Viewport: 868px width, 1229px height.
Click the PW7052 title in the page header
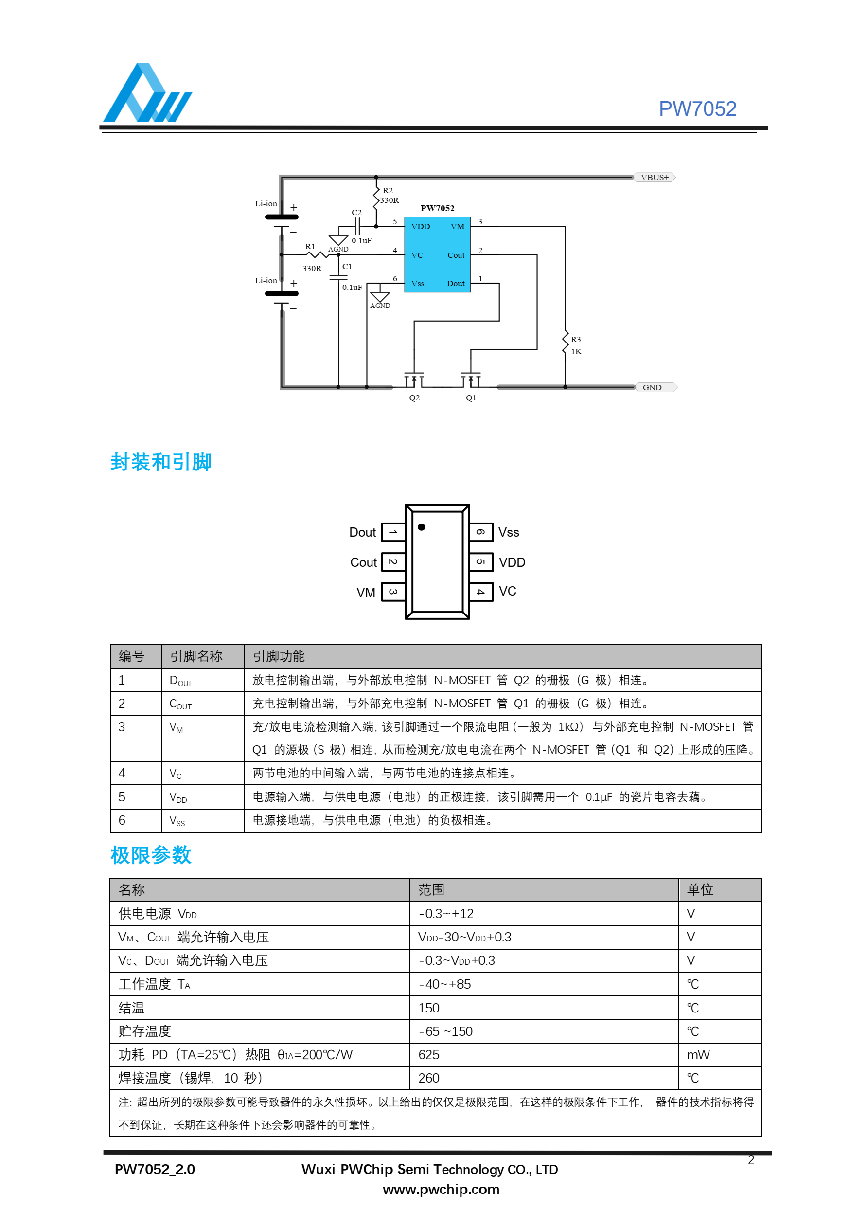(x=697, y=109)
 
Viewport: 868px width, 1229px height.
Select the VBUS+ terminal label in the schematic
(x=654, y=177)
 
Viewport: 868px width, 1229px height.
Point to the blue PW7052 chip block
(x=437, y=254)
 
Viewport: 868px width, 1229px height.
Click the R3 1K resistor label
(x=576, y=346)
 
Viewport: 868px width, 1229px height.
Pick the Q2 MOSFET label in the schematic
(x=414, y=398)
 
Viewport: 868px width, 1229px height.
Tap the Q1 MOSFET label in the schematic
(x=470, y=398)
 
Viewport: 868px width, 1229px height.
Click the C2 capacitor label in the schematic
(x=356, y=213)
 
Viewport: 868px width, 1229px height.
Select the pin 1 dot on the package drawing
(x=422, y=527)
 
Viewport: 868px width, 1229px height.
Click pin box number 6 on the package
(x=480, y=532)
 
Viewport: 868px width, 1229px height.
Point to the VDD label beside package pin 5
(x=512, y=562)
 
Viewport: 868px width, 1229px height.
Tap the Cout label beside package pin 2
(x=363, y=562)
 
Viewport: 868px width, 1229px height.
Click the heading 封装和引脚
(x=161, y=462)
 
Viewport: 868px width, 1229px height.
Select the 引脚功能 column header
(x=278, y=656)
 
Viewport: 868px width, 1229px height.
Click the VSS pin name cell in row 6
(x=177, y=821)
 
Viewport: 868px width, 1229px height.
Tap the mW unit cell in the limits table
(x=698, y=1055)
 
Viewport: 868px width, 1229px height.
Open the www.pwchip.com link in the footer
(x=441, y=1190)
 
